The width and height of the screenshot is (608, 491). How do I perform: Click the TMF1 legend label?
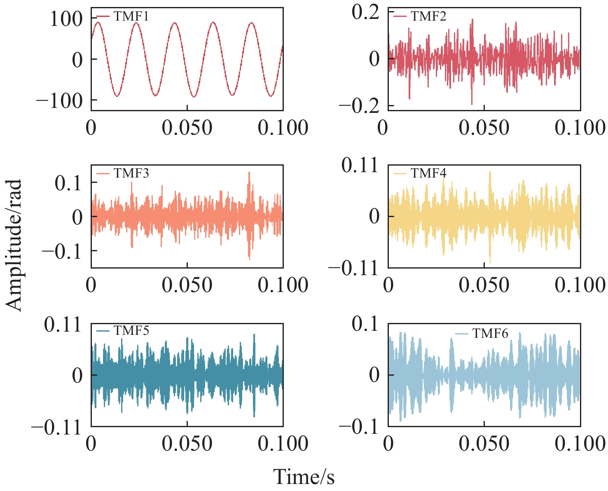pyautogui.click(x=131, y=16)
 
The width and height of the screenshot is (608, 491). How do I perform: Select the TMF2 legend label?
pyautogui.click(x=428, y=16)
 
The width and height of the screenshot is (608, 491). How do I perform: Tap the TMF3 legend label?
pyautogui.click(x=131, y=173)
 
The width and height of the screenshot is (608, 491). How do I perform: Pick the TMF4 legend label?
pyautogui.click(x=428, y=173)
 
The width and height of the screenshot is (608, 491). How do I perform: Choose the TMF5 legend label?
pyautogui.click(x=131, y=331)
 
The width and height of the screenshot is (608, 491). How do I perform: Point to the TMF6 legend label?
pyautogui.click(x=490, y=333)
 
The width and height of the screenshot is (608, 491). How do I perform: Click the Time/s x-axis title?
pyautogui.click(x=304, y=477)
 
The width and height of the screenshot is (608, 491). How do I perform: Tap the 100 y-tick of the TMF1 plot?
pyautogui.click(x=66, y=19)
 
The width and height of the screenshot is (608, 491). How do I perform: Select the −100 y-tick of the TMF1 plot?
pyautogui.click(x=60, y=101)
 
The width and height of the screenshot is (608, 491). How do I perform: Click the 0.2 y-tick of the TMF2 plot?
pyautogui.click(x=365, y=12)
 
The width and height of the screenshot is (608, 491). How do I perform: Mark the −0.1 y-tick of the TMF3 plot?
pyautogui.click(x=62, y=251)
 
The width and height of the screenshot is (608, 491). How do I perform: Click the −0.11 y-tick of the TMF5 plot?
pyautogui.click(x=57, y=428)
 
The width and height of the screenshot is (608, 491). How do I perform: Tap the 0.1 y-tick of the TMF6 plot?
pyautogui.click(x=365, y=324)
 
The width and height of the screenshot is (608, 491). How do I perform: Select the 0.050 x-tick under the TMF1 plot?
pyautogui.click(x=187, y=127)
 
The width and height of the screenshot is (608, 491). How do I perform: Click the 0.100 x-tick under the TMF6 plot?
pyautogui.click(x=580, y=443)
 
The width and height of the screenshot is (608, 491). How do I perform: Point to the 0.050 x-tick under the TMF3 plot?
pyautogui.click(x=187, y=285)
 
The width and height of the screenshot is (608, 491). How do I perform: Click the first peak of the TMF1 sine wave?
pyautogui.click(x=98, y=23)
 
